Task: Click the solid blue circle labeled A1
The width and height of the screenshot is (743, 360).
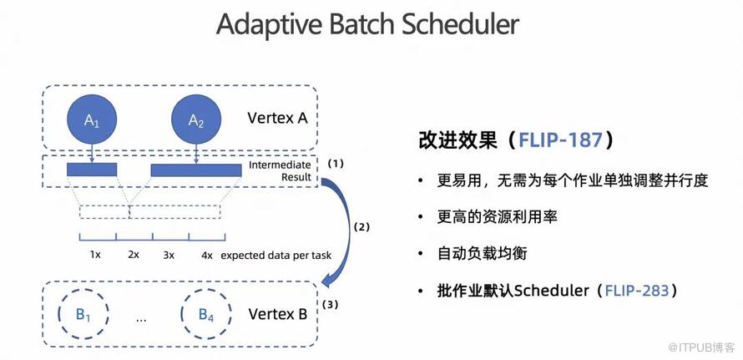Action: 92,120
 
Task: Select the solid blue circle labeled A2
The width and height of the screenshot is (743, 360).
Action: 196,120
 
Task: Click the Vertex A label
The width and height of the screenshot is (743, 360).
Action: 278,118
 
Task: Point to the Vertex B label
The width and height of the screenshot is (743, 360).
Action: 278,314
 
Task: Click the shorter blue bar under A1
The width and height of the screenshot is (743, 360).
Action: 92,170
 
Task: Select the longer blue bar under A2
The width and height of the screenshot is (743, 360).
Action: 194,170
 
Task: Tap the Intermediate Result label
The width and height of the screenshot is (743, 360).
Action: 280,171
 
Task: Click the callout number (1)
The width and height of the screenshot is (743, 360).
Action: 336,163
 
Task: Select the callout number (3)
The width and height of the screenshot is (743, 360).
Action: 330,304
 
